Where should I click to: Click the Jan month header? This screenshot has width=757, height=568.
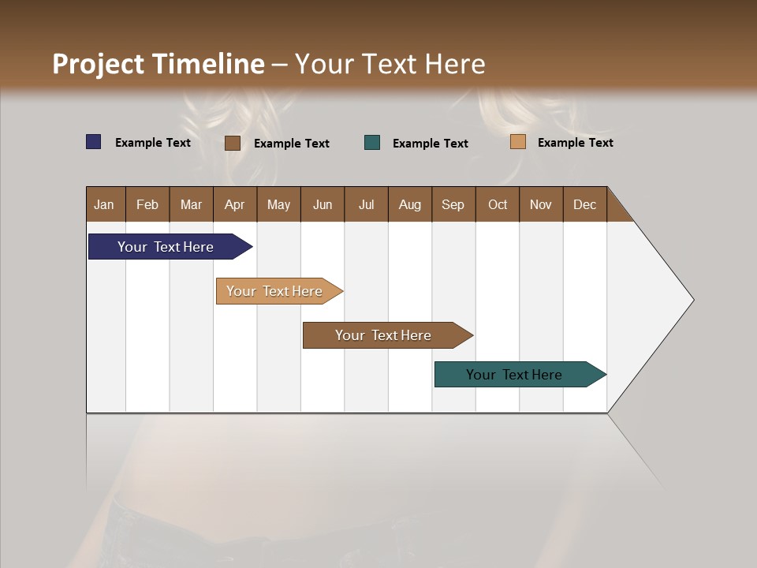click(x=105, y=204)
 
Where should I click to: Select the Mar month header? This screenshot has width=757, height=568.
click(x=191, y=204)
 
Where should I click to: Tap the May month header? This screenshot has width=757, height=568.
click(x=278, y=204)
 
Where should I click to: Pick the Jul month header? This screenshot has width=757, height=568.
click(x=366, y=204)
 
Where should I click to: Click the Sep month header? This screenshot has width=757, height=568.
click(x=453, y=204)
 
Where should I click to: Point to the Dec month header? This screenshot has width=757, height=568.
click(x=584, y=204)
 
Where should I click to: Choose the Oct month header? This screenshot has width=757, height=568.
click(x=498, y=204)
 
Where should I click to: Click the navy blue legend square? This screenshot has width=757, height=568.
click(x=94, y=142)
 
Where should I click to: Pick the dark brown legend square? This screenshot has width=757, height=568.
click(x=233, y=143)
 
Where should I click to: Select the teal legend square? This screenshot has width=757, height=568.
click(x=372, y=143)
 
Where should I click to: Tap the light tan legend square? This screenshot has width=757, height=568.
click(x=518, y=142)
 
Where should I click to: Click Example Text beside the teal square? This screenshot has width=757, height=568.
click(x=430, y=144)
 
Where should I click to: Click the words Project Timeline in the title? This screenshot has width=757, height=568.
click(x=158, y=64)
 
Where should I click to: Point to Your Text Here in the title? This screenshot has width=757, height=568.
click(x=390, y=64)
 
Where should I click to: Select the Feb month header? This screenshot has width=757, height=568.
click(x=147, y=204)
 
